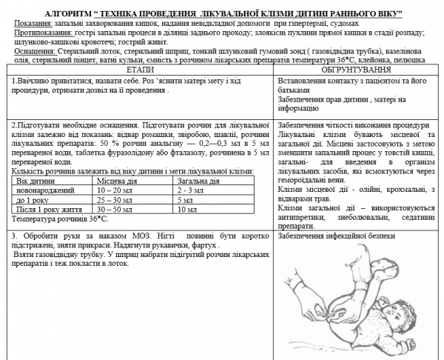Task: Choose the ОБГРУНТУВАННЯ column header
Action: (x=355, y=68)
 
